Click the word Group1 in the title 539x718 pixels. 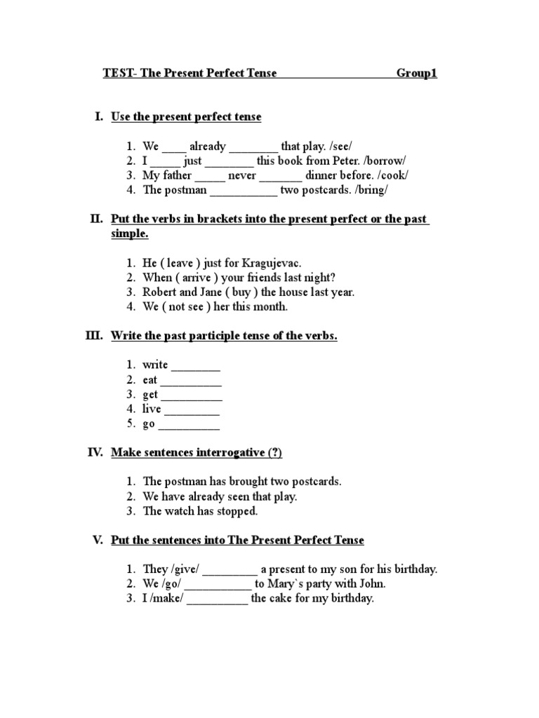pos(417,73)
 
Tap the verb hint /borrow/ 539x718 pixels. pos(382,161)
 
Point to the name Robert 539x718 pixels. pos(159,292)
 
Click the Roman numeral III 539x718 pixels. pos(94,336)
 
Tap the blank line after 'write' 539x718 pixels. pos(196,365)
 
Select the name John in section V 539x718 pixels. pos(373,583)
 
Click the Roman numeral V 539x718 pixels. pos(98,540)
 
